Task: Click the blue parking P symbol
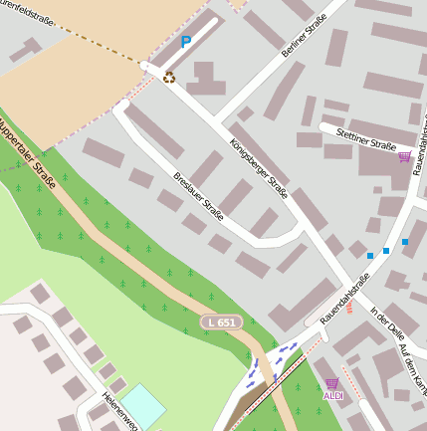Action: click(x=185, y=42)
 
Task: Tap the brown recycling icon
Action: click(x=169, y=77)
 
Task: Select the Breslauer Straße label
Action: click(x=198, y=196)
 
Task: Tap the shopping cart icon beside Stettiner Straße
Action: click(x=404, y=156)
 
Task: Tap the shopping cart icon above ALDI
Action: click(x=331, y=383)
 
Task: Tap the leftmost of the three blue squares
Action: click(x=370, y=256)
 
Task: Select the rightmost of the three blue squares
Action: click(x=405, y=242)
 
